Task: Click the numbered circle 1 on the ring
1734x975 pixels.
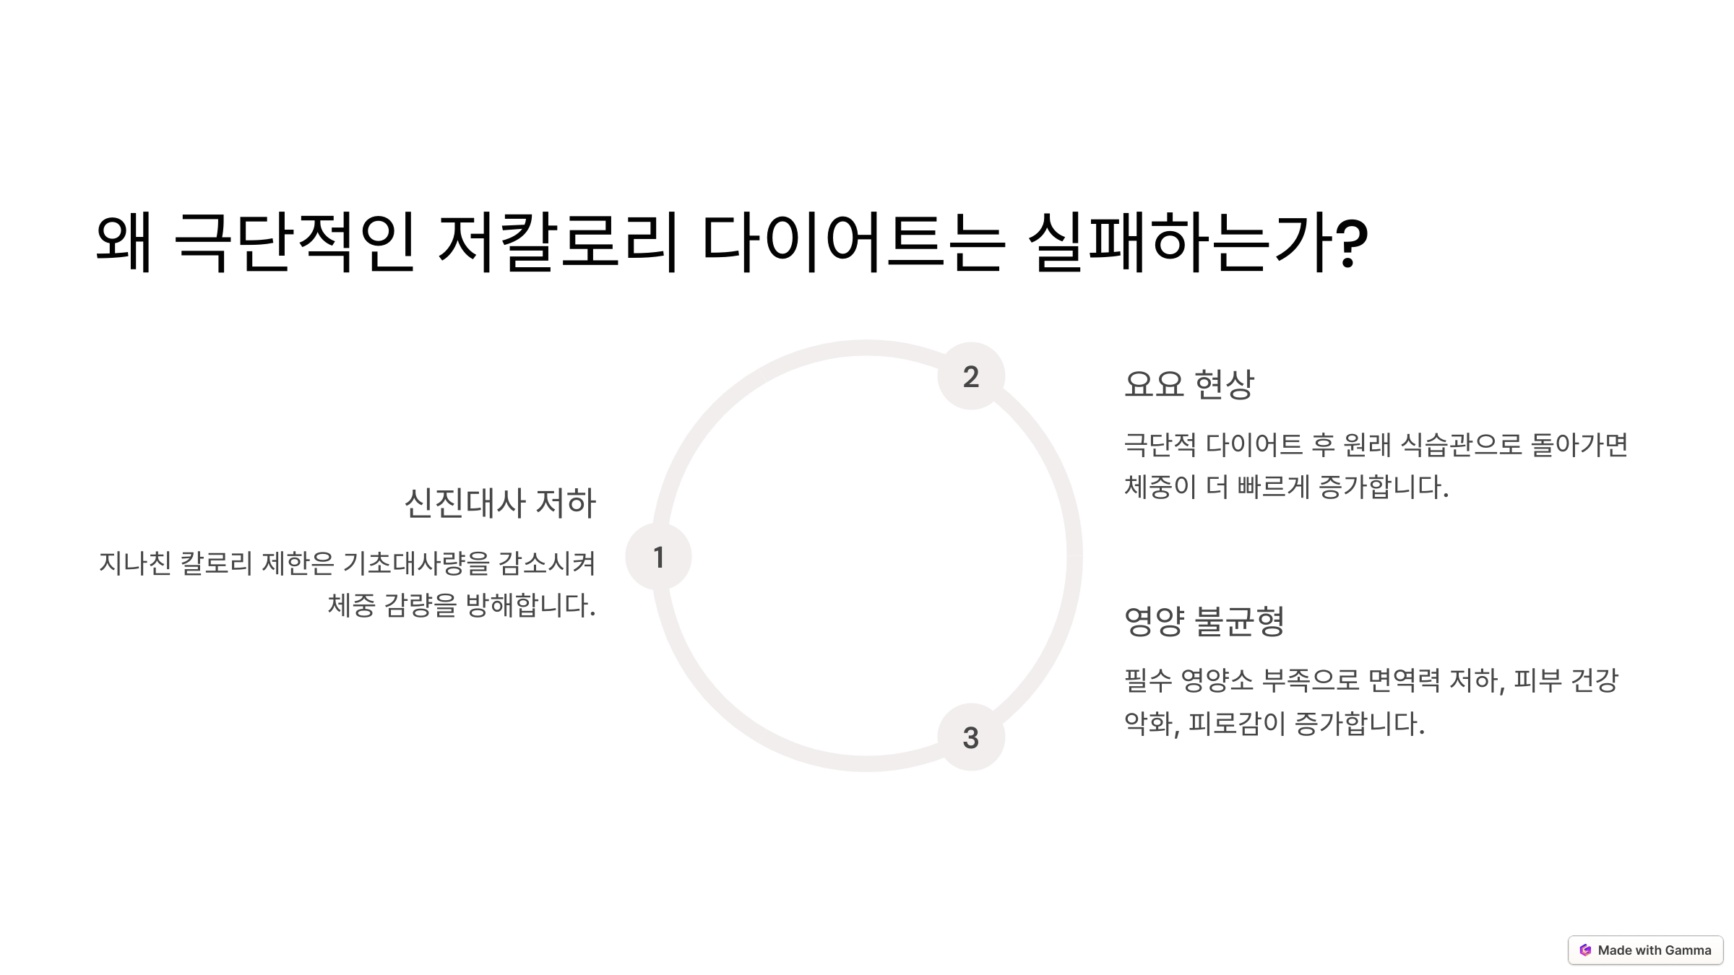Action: click(658, 557)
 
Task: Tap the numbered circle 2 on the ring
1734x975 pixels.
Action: click(971, 376)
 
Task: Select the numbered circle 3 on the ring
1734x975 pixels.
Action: click(971, 737)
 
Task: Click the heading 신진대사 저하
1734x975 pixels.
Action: click(500, 503)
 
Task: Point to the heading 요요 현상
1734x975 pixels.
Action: click(1189, 383)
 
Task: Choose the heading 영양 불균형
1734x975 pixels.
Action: click(1204, 621)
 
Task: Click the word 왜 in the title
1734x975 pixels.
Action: click(124, 242)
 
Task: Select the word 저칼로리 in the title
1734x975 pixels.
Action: click(558, 242)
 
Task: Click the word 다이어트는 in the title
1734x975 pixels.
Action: click(853, 242)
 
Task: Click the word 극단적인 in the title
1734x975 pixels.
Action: click(295, 242)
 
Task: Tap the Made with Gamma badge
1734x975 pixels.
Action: click(1645, 950)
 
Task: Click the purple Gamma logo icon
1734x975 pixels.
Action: click(1585, 950)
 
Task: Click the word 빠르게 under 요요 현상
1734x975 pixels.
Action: click(1273, 487)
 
